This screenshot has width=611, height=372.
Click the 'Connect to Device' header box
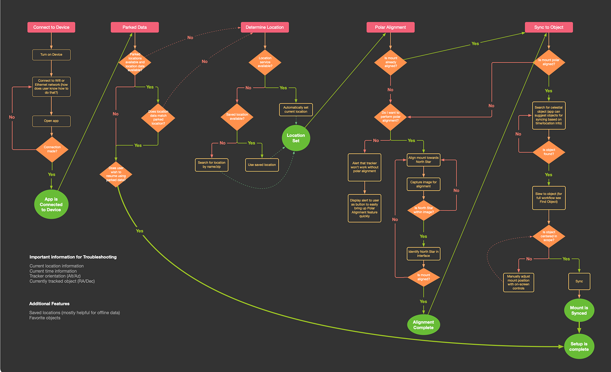[51, 27]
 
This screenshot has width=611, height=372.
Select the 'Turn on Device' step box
[51, 55]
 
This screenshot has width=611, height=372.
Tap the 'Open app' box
[51, 121]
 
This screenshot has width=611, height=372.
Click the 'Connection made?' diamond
[52, 149]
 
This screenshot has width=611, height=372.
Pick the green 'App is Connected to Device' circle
[51, 205]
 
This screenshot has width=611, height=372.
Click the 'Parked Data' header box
[135, 27]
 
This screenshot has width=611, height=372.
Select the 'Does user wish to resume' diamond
[116, 174]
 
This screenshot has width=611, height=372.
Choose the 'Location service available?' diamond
[265, 62]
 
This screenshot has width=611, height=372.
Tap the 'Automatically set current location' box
[296, 110]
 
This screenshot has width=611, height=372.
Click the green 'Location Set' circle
[296, 138]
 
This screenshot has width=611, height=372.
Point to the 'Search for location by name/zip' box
[211, 165]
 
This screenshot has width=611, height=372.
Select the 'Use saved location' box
[262, 165]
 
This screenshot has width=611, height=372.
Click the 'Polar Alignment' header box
[390, 27]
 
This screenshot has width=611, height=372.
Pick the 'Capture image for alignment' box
[423, 184]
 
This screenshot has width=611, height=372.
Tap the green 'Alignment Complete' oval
[424, 325]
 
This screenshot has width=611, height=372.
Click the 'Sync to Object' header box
[549, 27]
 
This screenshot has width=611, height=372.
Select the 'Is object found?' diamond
[549, 152]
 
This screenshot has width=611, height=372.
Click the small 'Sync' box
[579, 281]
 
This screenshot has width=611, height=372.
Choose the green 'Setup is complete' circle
[579, 346]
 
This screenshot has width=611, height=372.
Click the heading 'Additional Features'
[49, 304]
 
